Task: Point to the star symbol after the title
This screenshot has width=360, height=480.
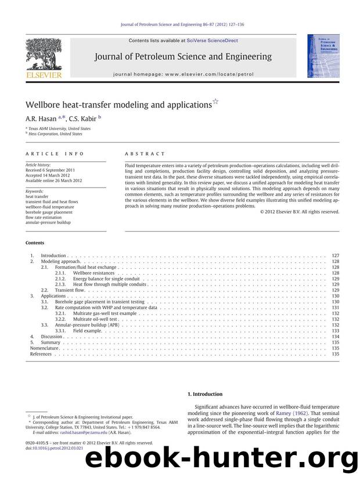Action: click(215, 102)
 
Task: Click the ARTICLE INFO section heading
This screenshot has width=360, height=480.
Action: click(55, 154)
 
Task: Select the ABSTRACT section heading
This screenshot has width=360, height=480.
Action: click(145, 154)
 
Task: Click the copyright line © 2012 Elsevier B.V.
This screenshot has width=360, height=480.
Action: click(300, 212)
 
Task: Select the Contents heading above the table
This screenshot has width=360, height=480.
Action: click(35, 243)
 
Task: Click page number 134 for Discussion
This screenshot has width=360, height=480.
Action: click(335, 337)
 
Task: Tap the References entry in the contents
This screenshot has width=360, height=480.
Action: click(41, 353)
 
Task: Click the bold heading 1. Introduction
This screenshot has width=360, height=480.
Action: click(207, 394)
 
